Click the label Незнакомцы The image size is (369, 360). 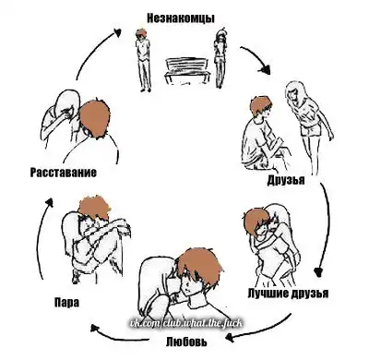point(181,18)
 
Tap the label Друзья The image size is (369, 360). point(286,180)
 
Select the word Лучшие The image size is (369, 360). point(268,293)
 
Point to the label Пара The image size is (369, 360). point(66,302)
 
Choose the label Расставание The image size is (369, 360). point(63,173)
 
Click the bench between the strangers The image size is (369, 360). point(185,71)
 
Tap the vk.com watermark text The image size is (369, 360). point(185,324)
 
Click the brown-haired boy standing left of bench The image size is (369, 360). point(143,60)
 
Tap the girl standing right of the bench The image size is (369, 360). point(220,58)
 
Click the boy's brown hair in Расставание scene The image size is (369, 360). point(94,118)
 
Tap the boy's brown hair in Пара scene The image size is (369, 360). point(93,207)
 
